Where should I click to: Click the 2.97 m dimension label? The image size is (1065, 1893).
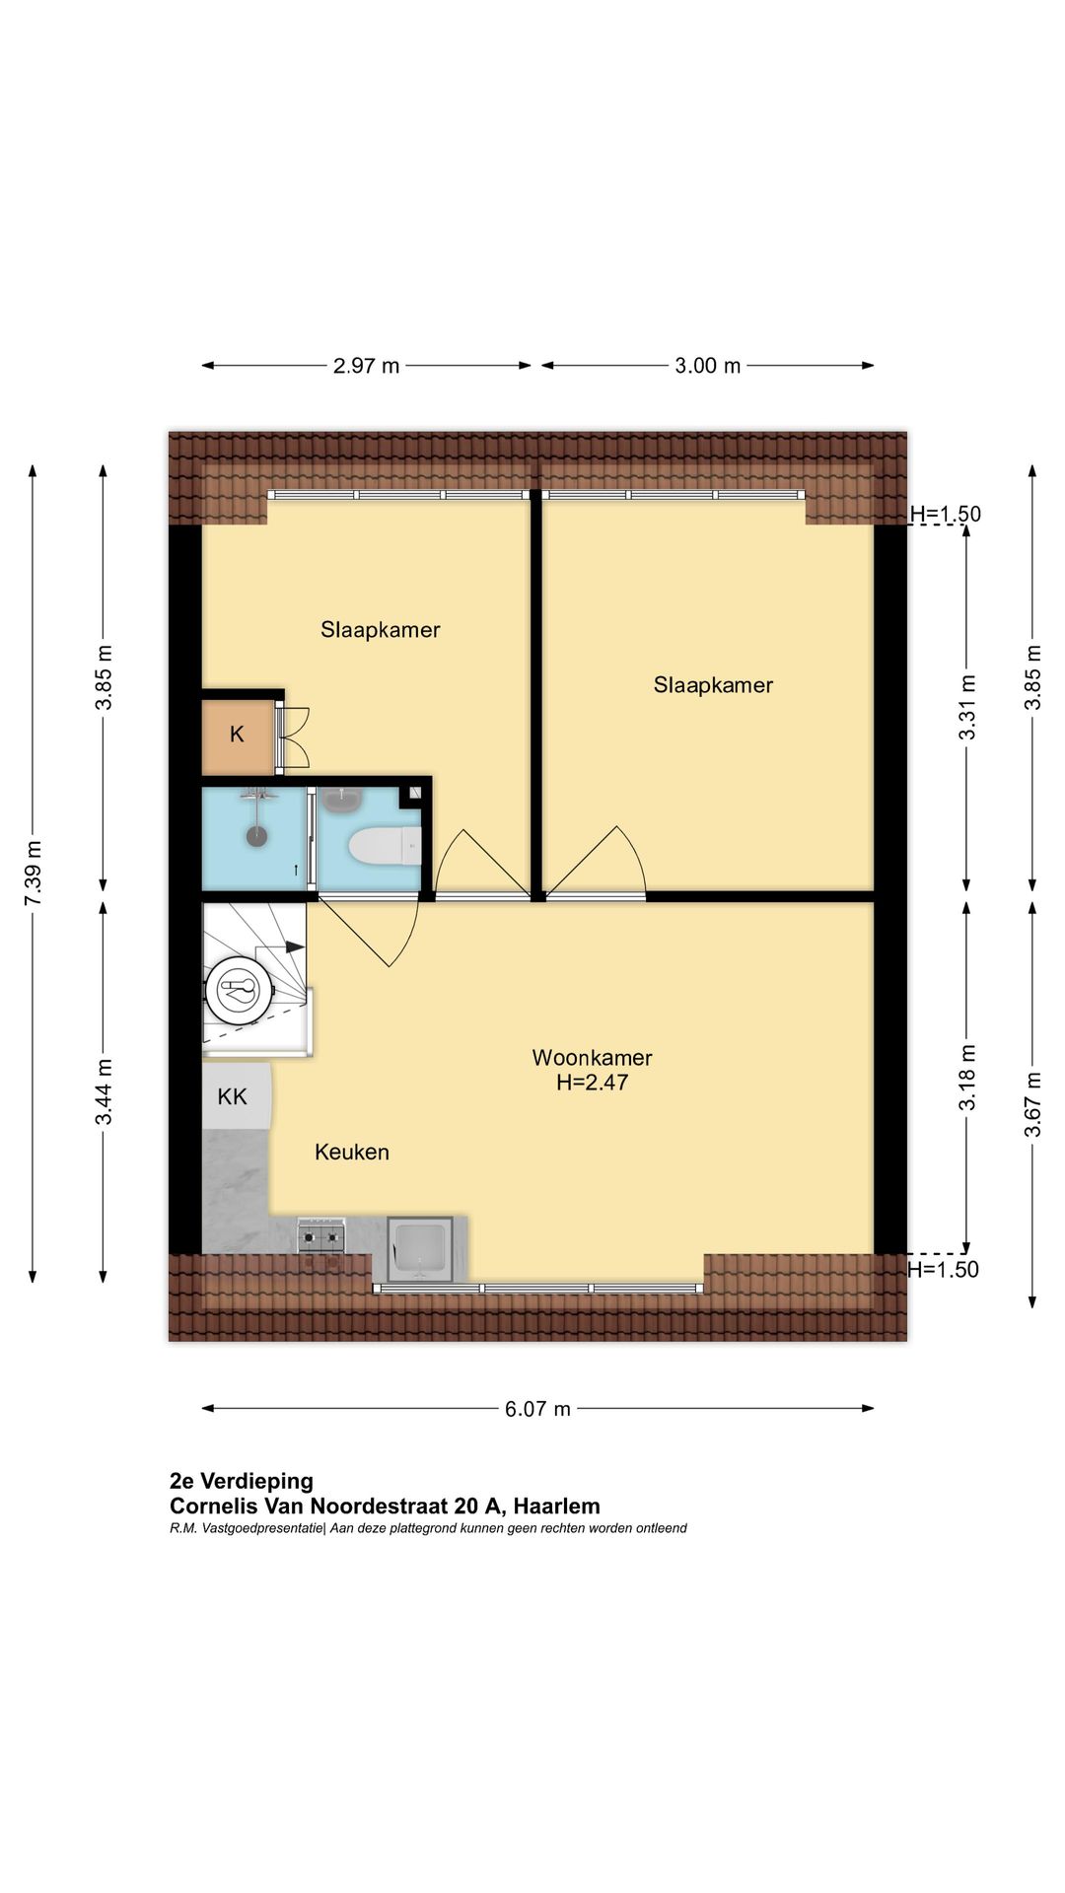click(366, 366)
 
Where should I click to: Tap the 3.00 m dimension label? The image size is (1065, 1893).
click(707, 366)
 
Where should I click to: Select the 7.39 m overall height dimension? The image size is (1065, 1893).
click(33, 874)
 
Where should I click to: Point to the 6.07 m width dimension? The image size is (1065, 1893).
click(537, 1409)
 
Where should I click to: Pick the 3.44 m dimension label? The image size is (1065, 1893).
click(104, 1091)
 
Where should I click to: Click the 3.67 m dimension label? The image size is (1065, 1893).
click(1032, 1104)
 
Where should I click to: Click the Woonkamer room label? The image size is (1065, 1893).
click(592, 1058)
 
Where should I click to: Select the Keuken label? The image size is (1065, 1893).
click(352, 1152)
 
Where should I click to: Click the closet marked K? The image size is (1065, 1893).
click(237, 735)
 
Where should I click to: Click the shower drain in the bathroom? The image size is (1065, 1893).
click(257, 837)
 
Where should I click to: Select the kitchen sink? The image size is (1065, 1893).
click(420, 1249)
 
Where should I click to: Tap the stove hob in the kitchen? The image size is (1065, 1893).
click(321, 1235)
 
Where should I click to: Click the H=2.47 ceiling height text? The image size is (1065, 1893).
click(592, 1083)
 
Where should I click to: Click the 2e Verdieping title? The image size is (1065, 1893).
click(242, 1481)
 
